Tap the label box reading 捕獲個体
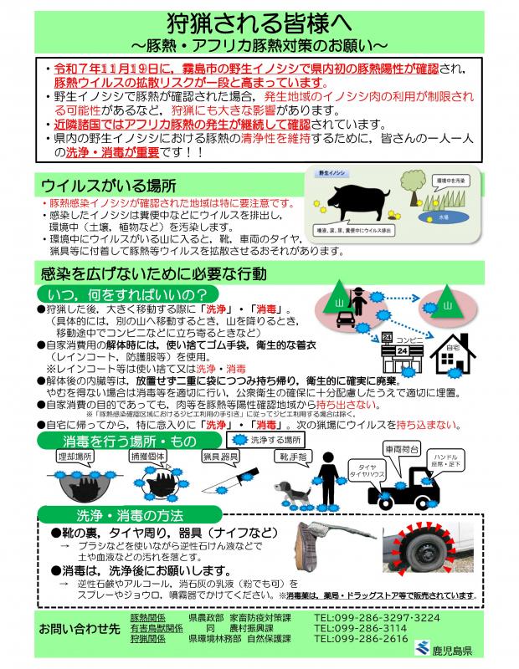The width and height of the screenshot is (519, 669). click(148, 457)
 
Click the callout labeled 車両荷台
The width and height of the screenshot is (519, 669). click(403, 448)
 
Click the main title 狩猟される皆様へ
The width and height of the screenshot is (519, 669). click(259, 23)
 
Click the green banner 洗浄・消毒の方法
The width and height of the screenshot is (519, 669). click(128, 516)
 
